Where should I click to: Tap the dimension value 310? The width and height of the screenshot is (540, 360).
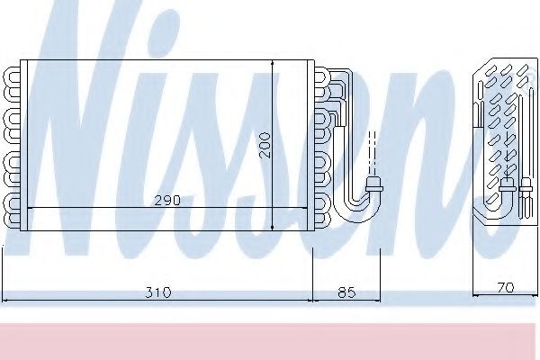click(159, 292)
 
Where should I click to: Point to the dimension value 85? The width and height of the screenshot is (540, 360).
click(346, 292)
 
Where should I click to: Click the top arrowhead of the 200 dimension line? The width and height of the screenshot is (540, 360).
click(273, 64)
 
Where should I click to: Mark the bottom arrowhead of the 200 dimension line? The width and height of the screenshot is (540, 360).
click(273, 227)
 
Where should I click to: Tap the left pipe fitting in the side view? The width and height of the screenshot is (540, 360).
click(506, 188)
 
